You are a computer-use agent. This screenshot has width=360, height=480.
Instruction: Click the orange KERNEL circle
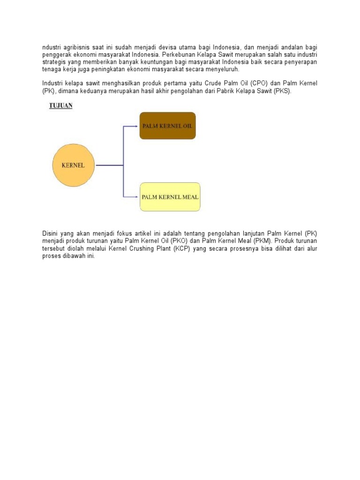pyautogui.click(x=73, y=165)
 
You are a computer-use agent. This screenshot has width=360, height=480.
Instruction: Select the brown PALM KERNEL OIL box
pyautogui.click(x=167, y=126)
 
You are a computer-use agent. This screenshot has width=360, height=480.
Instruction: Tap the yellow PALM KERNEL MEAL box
pyautogui.click(x=170, y=197)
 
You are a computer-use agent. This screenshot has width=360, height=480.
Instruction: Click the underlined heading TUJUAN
pyautogui.click(x=61, y=105)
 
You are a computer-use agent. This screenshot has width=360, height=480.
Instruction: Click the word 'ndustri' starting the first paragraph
pyautogui.click(x=52, y=48)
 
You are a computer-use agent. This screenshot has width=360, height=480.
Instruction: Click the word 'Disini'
pyautogui.click(x=51, y=233)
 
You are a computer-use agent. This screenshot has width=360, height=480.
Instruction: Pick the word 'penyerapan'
pyautogui.click(x=301, y=62)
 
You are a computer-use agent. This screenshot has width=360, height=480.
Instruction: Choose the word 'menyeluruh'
pyautogui.click(x=222, y=69)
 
